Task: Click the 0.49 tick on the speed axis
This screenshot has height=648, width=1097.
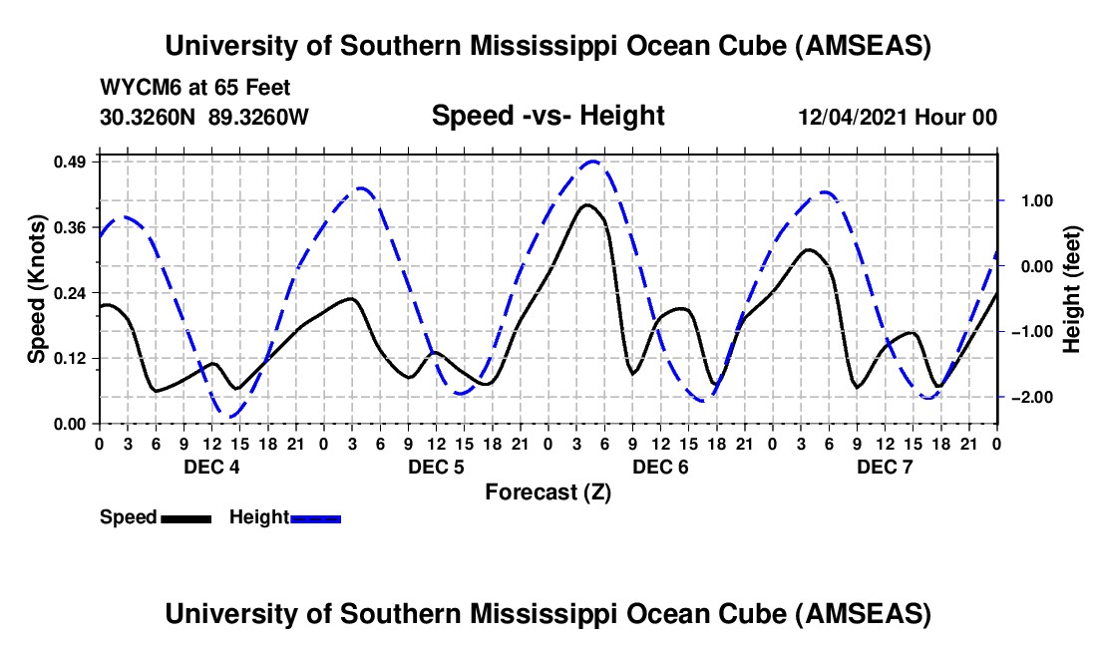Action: (73, 161)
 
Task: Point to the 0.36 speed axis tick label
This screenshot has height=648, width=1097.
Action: (73, 226)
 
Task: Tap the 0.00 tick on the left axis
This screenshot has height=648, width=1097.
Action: (73, 424)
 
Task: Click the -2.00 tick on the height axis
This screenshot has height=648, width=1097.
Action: (1030, 397)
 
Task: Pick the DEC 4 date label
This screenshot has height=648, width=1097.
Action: (210, 467)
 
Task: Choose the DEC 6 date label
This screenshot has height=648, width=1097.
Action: (659, 467)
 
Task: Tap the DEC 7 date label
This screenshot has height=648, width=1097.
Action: (885, 467)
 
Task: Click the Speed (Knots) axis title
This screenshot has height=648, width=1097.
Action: (37, 289)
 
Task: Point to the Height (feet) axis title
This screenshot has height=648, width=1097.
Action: (1072, 289)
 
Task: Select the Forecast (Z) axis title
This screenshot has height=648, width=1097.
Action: (548, 491)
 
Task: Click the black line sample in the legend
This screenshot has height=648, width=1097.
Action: (184, 517)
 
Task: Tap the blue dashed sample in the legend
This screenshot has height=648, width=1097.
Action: (315, 517)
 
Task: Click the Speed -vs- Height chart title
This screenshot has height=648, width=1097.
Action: (548, 117)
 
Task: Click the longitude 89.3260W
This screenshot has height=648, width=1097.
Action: (258, 117)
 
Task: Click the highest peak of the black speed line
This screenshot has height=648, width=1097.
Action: (586, 204)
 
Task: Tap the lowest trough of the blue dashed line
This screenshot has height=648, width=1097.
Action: (231, 417)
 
